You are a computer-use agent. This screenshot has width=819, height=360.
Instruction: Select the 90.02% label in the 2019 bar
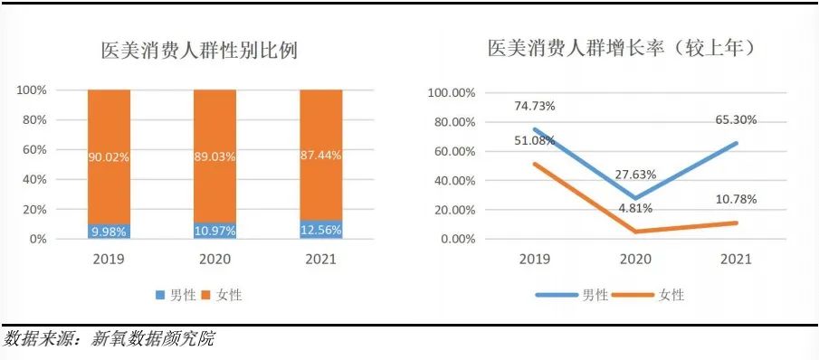coord(109,157)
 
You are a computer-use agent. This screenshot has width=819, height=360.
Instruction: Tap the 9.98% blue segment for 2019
coord(109,231)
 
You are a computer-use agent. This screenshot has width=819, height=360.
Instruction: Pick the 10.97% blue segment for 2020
coord(214,231)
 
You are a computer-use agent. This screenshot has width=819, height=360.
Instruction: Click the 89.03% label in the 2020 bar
coord(214,157)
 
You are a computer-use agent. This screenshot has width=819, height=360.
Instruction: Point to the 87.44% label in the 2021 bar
coord(321,156)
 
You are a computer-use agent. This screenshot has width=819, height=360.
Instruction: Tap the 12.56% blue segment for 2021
coord(321,230)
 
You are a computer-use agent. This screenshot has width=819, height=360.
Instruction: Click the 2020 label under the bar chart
coord(214,260)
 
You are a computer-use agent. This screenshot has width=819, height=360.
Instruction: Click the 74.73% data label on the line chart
coord(534,106)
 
